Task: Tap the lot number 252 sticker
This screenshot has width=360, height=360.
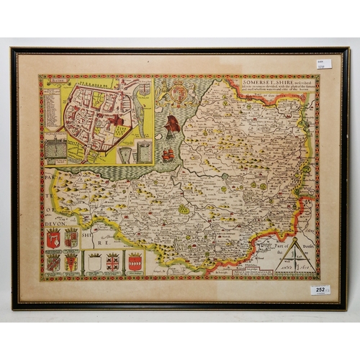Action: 320,289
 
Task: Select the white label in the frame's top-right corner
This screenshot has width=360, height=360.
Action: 324,64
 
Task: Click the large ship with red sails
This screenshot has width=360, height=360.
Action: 173,127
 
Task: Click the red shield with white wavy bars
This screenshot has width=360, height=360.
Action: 135,262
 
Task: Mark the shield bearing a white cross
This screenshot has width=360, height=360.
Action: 112,262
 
